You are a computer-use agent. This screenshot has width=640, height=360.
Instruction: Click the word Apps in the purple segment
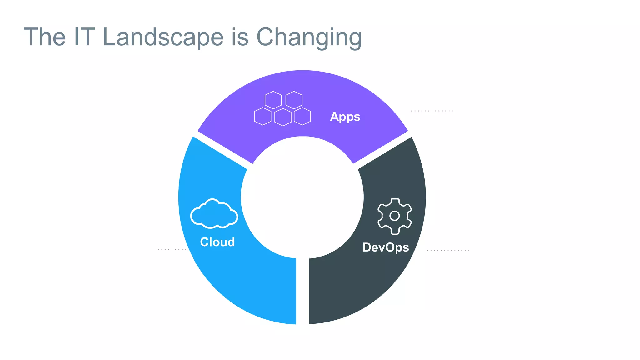point(345,117)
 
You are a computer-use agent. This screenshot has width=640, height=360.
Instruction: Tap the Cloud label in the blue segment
point(217,242)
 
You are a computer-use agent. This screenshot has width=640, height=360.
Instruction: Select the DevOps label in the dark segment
point(386,247)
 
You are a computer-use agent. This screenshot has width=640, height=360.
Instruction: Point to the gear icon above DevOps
point(395,216)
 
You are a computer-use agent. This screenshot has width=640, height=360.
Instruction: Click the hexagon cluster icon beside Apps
point(282,108)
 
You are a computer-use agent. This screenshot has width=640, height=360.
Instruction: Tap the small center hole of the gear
point(395,216)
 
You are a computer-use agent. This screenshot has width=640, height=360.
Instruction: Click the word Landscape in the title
point(163,37)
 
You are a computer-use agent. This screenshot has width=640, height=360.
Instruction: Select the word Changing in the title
point(309,37)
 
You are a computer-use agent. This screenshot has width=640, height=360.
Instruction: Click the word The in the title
point(45,37)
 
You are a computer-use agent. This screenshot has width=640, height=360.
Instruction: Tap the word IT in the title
point(84,37)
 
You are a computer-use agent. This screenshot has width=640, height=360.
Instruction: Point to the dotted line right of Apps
point(432,111)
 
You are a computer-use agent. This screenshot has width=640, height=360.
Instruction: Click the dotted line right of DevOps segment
point(447,251)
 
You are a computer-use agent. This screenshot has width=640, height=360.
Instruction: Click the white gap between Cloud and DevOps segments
point(302,291)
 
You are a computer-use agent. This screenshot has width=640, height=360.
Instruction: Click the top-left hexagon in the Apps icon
point(273,100)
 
